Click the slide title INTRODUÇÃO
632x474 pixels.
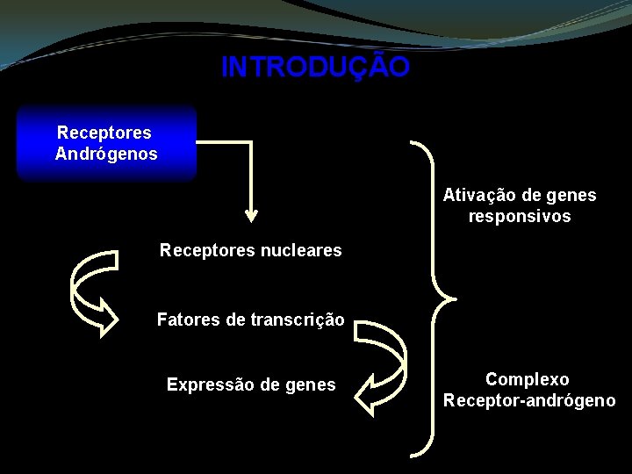(315, 68)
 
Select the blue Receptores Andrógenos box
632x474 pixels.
(106, 143)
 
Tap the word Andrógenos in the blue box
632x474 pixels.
(106, 154)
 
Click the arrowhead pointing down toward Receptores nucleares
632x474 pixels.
(251, 213)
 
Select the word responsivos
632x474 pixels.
(520, 216)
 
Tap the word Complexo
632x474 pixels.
(528, 379)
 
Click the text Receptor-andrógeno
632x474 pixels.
(529, 401)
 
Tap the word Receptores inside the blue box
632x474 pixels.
(104, 133)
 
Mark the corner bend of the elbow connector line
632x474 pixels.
(251, 141)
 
